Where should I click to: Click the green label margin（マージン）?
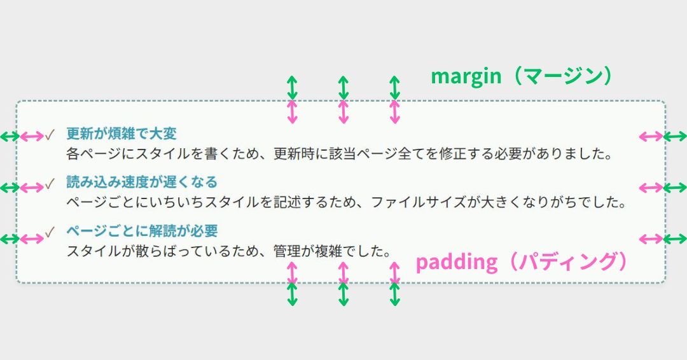[x=522, y=76]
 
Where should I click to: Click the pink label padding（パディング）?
[x=522, y=262]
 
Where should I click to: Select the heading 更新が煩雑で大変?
[x=121, y=134]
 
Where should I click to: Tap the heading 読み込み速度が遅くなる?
[x=142, y=182]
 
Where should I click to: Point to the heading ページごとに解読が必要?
[x=142, y=231]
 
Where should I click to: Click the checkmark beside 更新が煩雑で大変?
[x=50, y=134]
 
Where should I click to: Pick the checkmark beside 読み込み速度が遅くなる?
[x=50, y=183]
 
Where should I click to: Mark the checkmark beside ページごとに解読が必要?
[x=50, y=232]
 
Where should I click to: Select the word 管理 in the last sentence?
[x=287, y=251]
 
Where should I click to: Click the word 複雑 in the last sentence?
[x=329, y=251]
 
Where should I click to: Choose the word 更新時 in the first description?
[x=294, y=154]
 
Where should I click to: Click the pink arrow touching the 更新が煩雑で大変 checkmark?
[x=32, y=137]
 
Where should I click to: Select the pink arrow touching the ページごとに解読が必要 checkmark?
[x=32, y=239]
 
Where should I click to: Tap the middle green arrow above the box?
[x=343, y=88]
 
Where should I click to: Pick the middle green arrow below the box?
[x=343, y=294]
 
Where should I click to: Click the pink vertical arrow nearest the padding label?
[x=395, y=273]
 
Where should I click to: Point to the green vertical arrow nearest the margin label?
[x=395, y=88]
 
